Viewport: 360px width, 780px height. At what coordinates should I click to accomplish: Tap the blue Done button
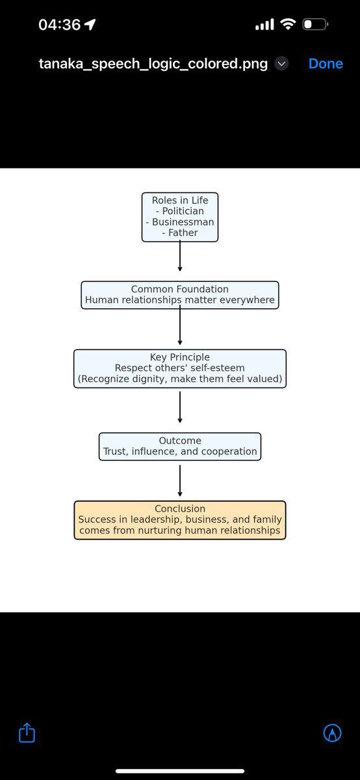click(x=326, y=64)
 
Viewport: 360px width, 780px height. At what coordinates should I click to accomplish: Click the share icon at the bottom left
click(x=27, y=733)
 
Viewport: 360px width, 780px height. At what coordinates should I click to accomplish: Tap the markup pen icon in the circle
click(x=333, y=732)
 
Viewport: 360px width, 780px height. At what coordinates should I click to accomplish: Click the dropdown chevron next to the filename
click(x=281, y=64)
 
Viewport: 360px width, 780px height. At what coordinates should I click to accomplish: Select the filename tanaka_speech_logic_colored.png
click(x=153, y=64)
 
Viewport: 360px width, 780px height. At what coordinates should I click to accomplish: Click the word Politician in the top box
click(x=183, y=211)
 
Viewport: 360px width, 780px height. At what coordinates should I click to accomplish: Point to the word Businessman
click(x=183, y=222)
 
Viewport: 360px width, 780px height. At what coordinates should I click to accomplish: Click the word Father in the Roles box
click(x=183, y=233)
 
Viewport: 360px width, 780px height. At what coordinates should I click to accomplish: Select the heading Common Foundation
click(x=179, y=289)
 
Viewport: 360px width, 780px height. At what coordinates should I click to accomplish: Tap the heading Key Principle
click(x=179, y=357)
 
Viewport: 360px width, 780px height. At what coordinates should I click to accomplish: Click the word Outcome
click(x=180, y=441)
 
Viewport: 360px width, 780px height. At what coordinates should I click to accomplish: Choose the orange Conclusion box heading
click(x=180, y=508)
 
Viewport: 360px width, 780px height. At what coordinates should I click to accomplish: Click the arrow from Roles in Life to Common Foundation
click(x=180, y=256)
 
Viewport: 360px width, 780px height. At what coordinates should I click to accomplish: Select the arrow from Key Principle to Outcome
click(x=180, y=407)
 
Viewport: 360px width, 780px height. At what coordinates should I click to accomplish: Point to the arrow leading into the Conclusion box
click(x=180, y=480)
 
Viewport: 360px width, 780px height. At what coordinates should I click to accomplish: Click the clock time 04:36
click(x=60, y=25)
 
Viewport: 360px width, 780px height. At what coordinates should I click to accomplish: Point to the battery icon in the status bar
click(x=315, y=25)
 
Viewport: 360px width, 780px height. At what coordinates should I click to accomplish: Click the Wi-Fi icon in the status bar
click(x=289, y=24)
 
